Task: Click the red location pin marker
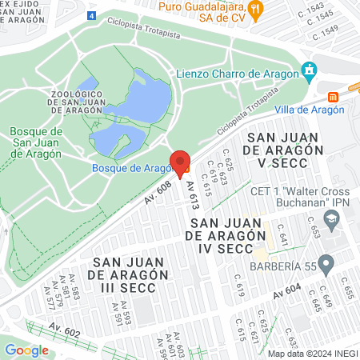[x=180, y=162]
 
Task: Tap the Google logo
[x=26, y=350]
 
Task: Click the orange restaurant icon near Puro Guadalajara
[x=255, y=9]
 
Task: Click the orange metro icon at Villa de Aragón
[x=334, y=96]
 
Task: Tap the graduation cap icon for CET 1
[x=329, y=218]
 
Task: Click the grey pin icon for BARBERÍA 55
[x=325, y=263]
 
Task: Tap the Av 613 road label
[x=192, y=195]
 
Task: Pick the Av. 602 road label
[x=65, y=328]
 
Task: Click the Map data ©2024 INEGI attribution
[x=312, y=354]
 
